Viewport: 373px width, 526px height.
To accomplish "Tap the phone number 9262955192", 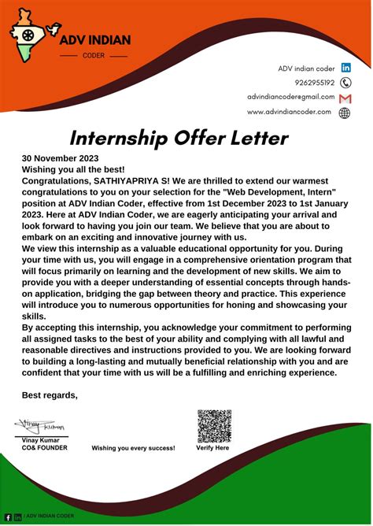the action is point(314,82).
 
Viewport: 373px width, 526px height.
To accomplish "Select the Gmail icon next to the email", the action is point(345,98).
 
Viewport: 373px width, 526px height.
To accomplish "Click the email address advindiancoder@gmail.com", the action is point(290,97).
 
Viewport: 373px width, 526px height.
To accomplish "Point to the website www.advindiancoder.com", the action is point(289,112).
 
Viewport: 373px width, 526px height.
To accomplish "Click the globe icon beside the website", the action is point(345,113).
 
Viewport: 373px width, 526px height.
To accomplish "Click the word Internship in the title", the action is point(118,139).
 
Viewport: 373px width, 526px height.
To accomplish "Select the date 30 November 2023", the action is point(60,157).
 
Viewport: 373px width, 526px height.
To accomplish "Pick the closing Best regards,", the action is point(50,394).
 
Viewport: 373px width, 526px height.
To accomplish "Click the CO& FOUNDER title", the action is point(44,448).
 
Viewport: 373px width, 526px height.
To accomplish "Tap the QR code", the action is point(214,425).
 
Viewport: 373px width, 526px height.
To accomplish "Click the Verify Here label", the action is point(212,448).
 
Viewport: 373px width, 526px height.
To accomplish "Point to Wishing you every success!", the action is point(133,448).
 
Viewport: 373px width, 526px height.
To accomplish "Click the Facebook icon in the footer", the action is point(8,517).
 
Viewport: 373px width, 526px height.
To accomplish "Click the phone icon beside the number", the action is point(345,83).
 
